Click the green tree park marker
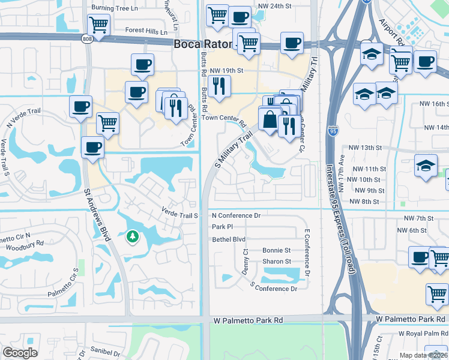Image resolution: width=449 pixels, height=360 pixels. coord(131,237)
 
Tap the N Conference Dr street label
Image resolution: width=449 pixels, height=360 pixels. coord(237,215)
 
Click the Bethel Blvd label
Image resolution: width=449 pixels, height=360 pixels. coord(229,239)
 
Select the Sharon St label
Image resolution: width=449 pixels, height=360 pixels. coord(276,262)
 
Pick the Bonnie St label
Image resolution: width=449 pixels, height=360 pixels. coord(276,250)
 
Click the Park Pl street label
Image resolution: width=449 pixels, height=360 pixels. coord(222,227)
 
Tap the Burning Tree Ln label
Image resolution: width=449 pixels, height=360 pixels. coord(114,8)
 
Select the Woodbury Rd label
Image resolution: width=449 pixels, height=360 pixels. coord(23,244)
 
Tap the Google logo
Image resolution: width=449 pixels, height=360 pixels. coord(20,353)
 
